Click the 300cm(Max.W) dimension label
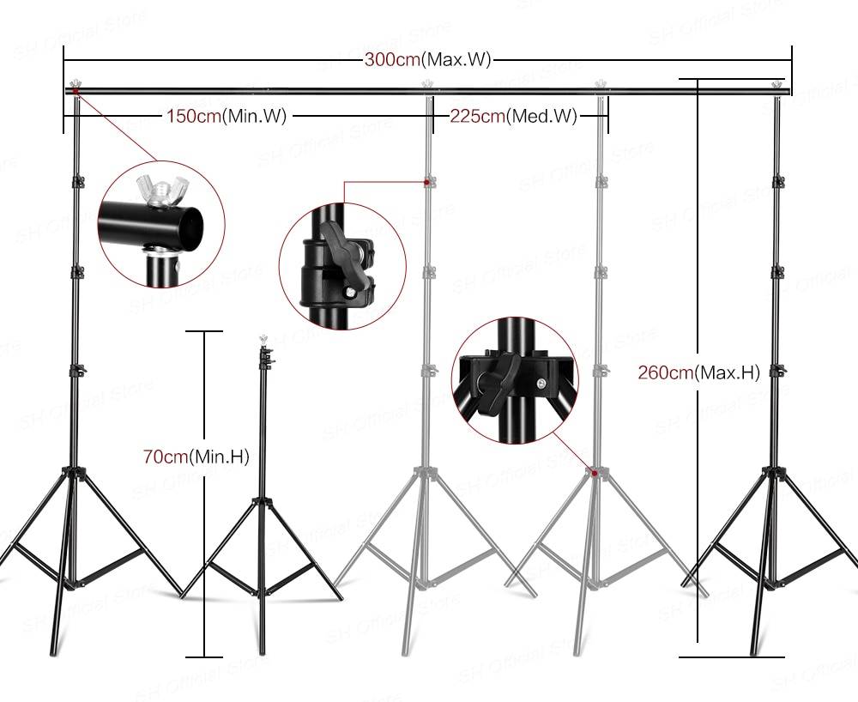click(426, 60)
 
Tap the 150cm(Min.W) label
click(226, 116)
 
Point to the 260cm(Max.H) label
click(699, 372)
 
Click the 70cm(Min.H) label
click(196, 457)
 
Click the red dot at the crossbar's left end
click(75, 90)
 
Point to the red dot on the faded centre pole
click(426, 182)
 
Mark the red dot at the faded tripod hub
click(593, 471)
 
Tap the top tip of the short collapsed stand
click(263, 342)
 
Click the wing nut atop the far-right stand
click(778, 85)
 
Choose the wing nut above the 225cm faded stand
click(601, 84)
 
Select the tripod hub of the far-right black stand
click(776, 471)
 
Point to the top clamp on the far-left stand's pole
click(77, 181)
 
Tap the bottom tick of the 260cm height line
click(731, 657)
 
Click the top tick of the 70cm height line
click(204, 331)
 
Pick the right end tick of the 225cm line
click(607, 116)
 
